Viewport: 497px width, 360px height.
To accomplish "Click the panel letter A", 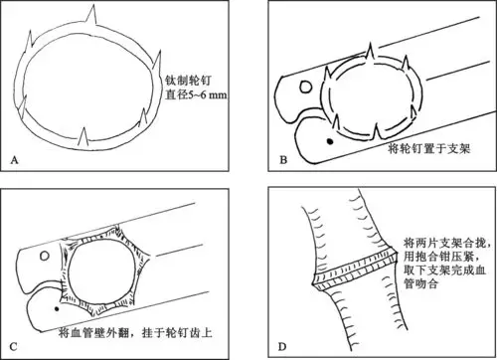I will [14, 160].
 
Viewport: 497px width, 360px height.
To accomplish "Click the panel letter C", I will [14, 345].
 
